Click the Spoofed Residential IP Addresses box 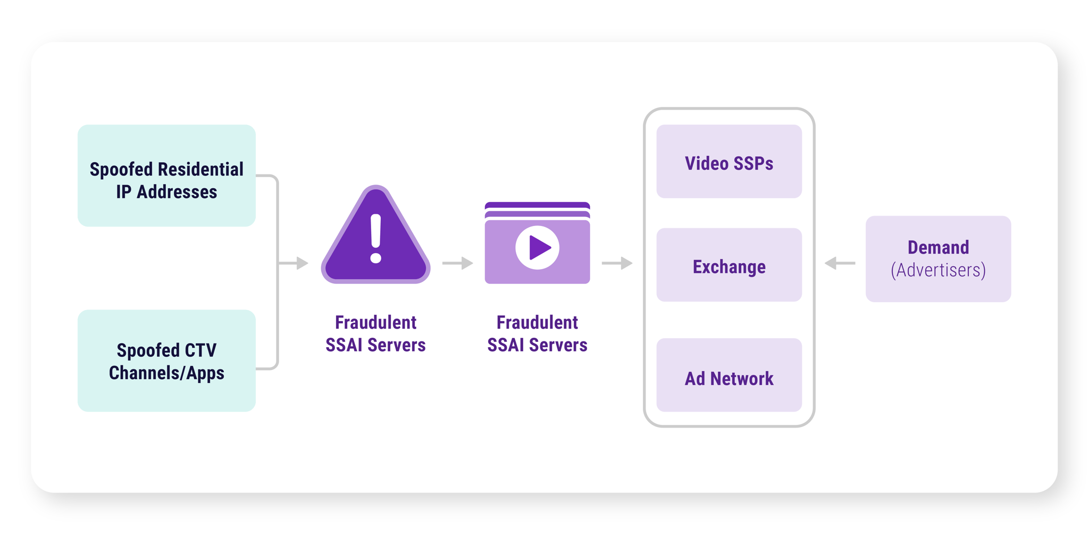(x=166, y=175)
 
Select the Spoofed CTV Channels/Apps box (x=166, y=361)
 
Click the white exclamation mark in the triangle (x=376, y=238)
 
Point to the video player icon (x=537, y=243)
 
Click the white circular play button (x=537, y=247)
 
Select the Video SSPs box (x=729, y=161)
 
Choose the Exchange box (x=729, y=265)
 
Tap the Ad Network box (x=729, y=375)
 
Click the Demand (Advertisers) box (x=938, y=259)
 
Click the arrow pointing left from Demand (x=840, y=263)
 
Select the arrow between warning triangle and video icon (x=458, y=263)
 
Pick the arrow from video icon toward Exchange (x=617, y=263)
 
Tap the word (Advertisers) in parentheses (x=938, y=270)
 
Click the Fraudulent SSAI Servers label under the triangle (x=375, y=333)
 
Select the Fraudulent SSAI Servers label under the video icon (x=537, y=333)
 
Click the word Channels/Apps (x=166, y=373)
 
